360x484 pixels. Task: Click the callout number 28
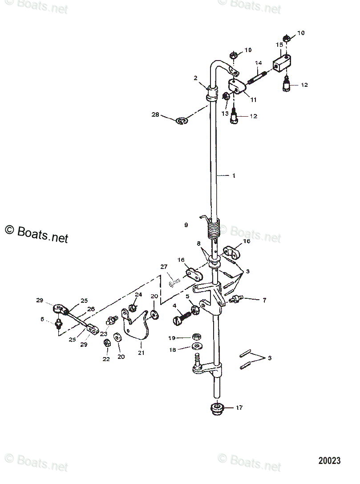[155, 115]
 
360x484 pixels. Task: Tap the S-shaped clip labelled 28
[182, 120]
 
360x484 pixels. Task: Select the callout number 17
[239, 407]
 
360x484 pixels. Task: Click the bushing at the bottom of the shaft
[217, 408]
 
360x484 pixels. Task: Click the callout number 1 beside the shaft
[233, 175]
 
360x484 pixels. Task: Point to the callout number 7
[264, 300]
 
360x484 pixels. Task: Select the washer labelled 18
[196, 347]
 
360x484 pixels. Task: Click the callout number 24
[138, 294]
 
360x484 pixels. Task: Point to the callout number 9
[186, 225]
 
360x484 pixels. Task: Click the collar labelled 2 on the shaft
[212, 94]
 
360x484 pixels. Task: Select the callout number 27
[163, 267]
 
